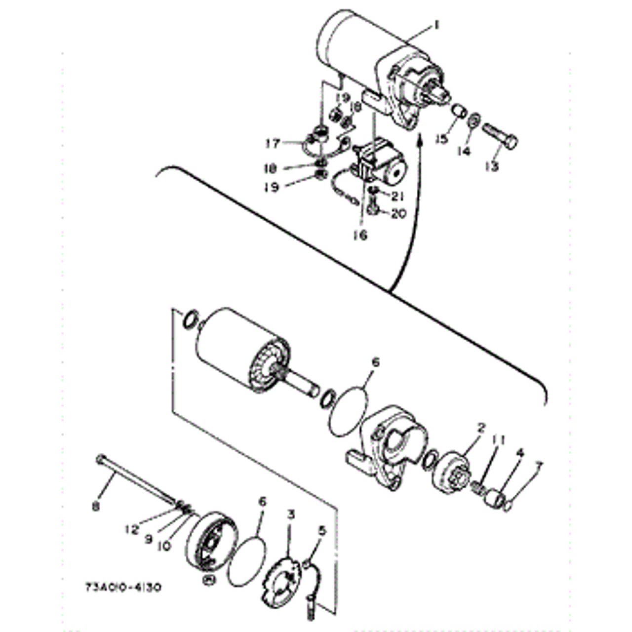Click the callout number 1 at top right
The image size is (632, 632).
point(436,24)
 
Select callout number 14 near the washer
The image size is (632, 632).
point(463,151)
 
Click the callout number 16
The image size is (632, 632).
point(361,235)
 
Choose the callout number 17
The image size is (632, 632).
point(272,144)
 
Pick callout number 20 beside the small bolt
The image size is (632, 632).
point(398,214)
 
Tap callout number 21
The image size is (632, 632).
point(397,197)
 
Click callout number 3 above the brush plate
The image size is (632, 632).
point(291,514)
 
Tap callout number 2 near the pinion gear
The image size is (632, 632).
point(481,427)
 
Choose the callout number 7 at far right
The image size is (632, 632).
point(539,465)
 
